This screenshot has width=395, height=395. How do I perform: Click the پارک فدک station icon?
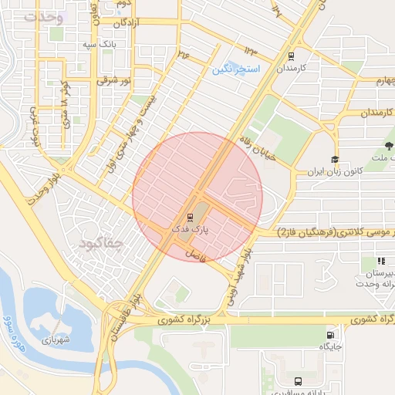(190, 218)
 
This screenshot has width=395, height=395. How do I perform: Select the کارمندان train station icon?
(291, 56)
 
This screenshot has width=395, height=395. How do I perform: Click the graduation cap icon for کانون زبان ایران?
(335, 159)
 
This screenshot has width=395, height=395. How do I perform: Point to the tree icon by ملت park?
(387, 145)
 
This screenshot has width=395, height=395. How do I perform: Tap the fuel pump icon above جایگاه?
(331, 335)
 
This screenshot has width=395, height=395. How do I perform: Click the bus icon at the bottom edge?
(299, 380)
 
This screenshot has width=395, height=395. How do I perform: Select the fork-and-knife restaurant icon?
(381, 262)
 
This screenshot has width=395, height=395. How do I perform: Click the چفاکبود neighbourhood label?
(100, 244)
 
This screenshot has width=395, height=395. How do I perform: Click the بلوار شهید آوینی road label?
(238, 272)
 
